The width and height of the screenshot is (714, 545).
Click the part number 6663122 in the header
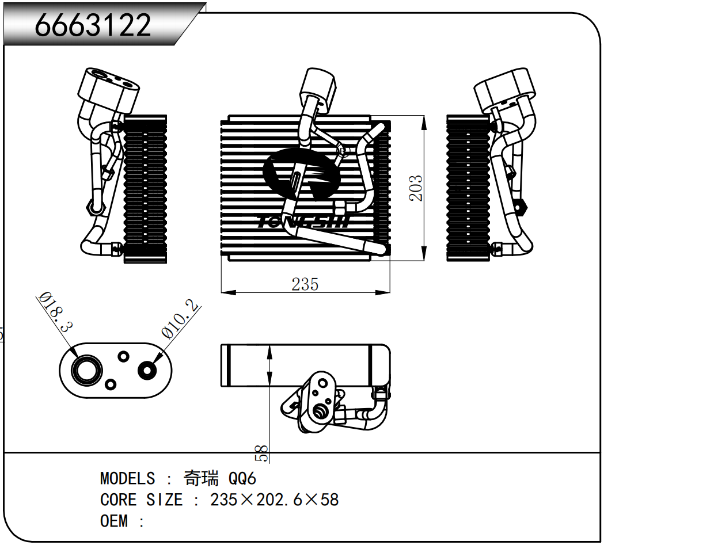pos(93,25)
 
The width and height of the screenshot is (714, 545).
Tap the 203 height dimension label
pos(416,188)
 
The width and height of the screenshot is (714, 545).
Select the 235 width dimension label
pos(305,284)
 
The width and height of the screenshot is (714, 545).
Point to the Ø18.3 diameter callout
pos(55,312)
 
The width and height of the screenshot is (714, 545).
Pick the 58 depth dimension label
pos(262,453)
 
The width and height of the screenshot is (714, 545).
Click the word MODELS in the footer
pos(127,479)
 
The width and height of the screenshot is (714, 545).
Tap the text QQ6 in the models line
pos(242,479)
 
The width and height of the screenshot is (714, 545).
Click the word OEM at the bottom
pos(113,521)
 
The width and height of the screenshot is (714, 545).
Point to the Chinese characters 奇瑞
pos(201,478)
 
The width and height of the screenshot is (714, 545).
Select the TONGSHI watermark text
pos(304,222)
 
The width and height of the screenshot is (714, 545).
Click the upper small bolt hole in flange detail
pos(123,356)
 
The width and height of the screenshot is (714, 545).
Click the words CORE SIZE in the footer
pos(141,500)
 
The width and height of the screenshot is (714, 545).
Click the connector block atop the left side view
pos(109,89)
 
